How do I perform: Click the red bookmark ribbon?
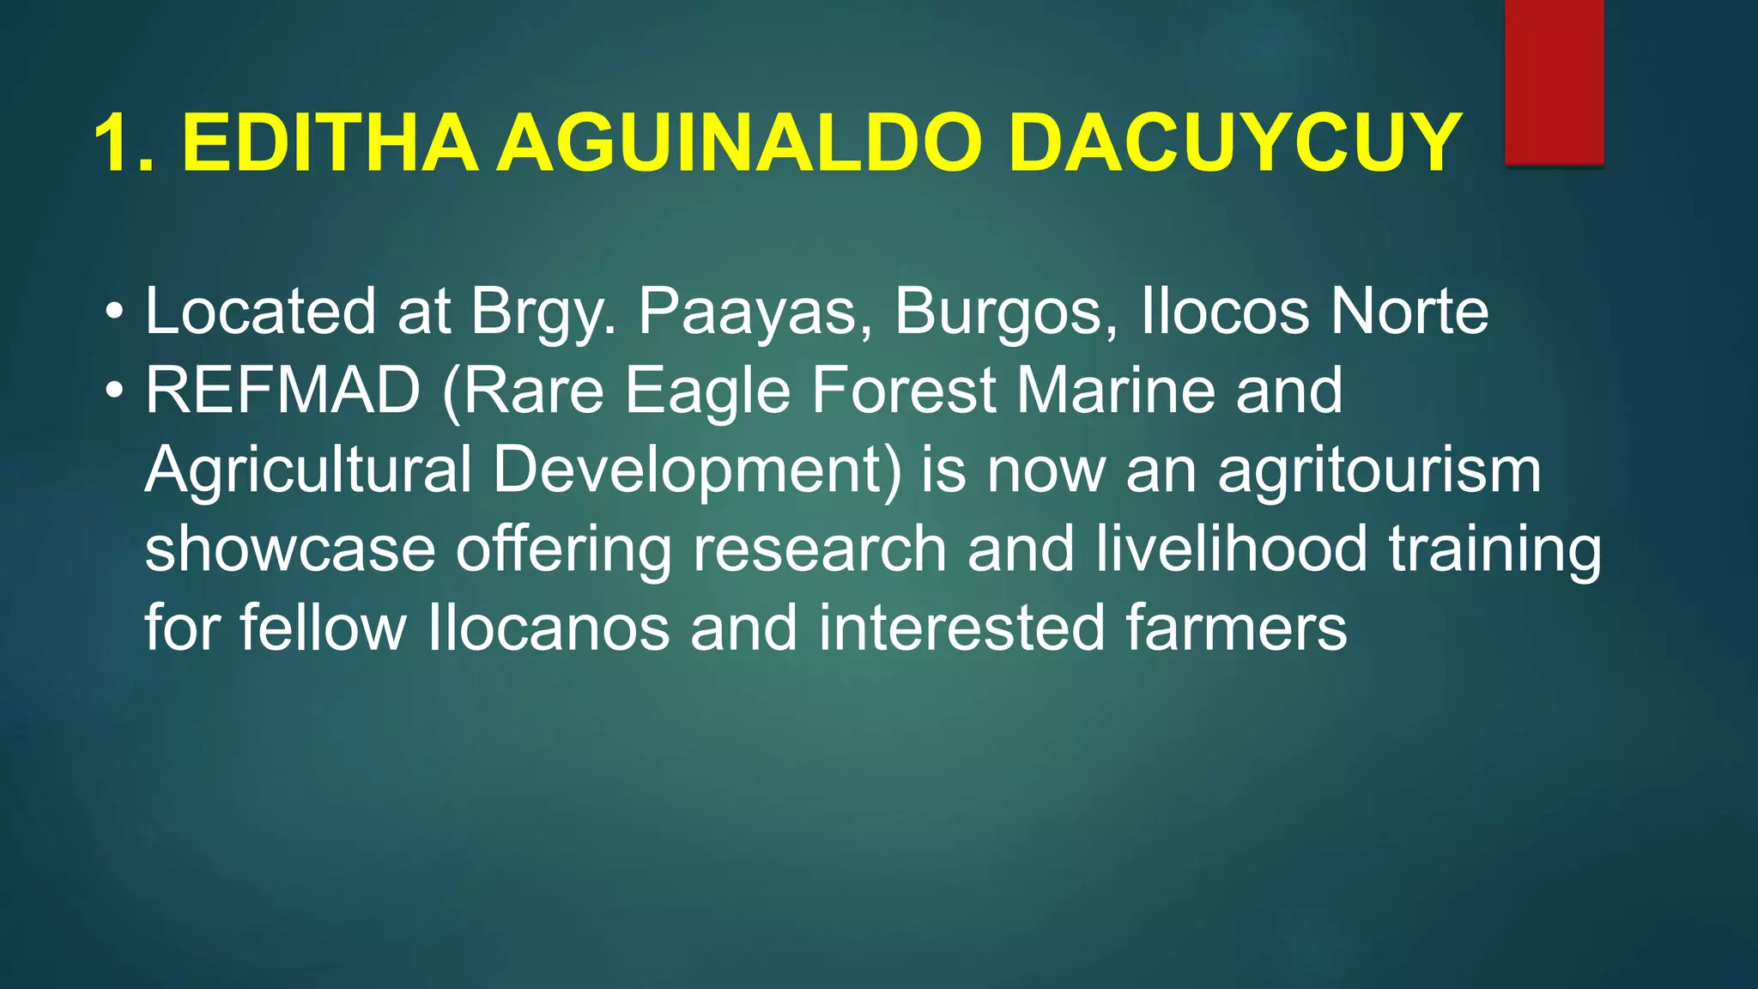tap(1554, 82)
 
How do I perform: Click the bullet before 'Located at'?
tap(114, 311)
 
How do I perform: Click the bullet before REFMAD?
tap(114, 391)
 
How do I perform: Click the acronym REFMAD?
tap(282, 391)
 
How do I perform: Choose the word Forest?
tap(903, 391)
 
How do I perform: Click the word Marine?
tap(1116, 391)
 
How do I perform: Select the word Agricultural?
tap(308, 470)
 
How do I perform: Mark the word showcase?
tap(290, 550)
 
